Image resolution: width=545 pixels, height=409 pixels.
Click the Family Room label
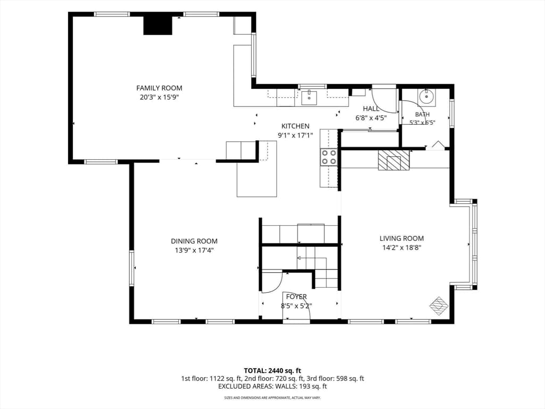(x=159, y=88)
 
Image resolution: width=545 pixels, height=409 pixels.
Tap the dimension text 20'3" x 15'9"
(x=159, y=97)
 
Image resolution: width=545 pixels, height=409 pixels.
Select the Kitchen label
(x=295, y=126)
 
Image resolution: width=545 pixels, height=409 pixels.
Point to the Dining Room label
(x=194, y=241)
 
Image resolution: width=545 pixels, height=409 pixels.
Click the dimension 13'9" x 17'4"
(x=194, y=250)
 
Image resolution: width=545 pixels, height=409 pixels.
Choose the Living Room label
(x=401, y=238)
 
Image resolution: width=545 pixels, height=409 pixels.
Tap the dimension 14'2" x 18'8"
(x=401, y=248)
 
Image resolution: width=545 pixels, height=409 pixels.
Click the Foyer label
(x=296, y=297)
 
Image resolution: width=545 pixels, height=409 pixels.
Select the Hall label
(x=371, y=109)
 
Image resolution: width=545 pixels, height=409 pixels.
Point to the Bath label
(x=422, y=114)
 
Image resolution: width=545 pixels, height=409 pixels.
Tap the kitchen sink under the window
(x=309, y=97)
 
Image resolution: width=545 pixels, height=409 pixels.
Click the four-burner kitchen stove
(x=329, y=157)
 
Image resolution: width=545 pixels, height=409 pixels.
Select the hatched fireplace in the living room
(x=394, y=160)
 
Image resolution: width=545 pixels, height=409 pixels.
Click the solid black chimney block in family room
(x=158, y=26)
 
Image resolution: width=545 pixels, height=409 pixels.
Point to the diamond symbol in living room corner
(x=439, y=306)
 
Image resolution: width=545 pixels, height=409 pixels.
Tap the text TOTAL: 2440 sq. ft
(x=272, y=371)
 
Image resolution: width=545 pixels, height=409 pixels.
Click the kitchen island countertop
(x=257, y=178)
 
